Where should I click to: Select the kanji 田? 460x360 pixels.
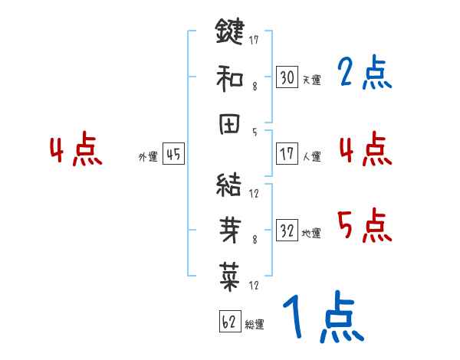tap(229, 126)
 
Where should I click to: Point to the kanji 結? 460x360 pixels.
tap(229, 185)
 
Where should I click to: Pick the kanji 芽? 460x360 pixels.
tap(229, 230)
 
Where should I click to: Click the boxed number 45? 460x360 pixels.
tap(173, 155)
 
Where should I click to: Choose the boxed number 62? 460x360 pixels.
tap(229, 322)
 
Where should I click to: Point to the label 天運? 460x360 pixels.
tap(311, 80)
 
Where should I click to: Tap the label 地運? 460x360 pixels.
tap(311, 232)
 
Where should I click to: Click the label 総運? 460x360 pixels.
tap(255, 324)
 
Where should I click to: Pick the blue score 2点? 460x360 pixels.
tap(364, 74)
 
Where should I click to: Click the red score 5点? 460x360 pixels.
tap(364, 226)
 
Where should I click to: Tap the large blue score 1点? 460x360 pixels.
tap(322, 318)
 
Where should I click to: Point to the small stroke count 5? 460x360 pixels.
tap(254, 132)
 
